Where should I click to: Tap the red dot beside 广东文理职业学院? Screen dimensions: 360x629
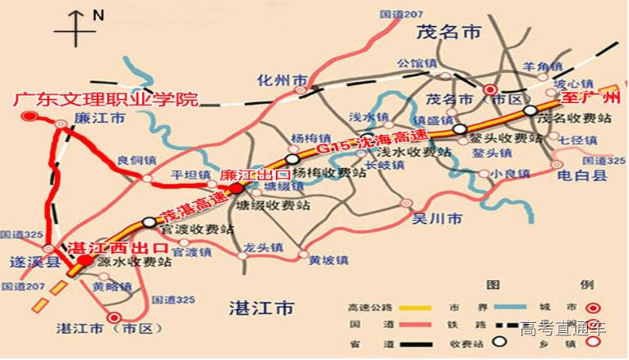pos(29,117)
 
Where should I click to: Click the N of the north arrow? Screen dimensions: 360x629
pos(98,15)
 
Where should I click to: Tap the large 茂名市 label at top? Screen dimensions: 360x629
pos(449,33)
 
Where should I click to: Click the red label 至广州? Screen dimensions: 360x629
pos(589,99)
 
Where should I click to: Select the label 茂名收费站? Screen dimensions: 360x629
pos(573,119)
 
